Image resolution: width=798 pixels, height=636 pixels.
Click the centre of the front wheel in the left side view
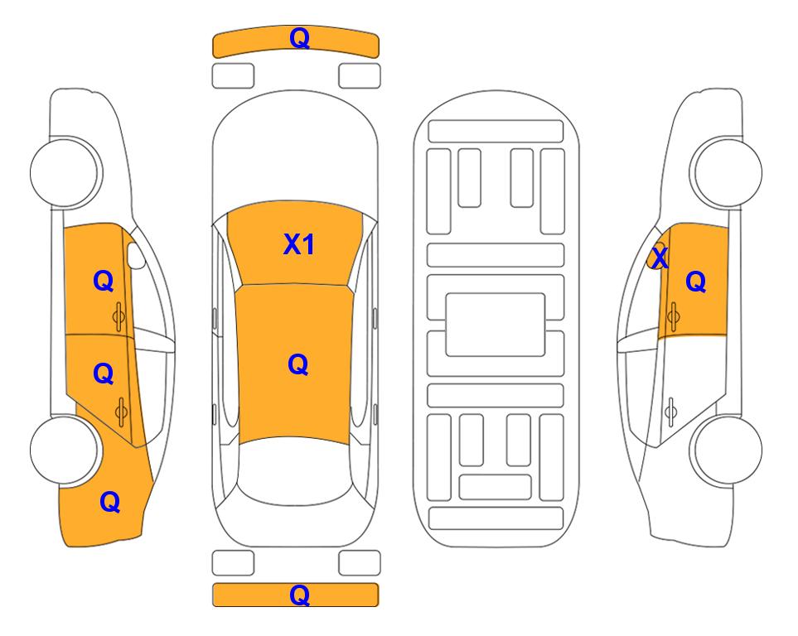coord(65,172)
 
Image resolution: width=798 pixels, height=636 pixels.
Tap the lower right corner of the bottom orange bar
coord(379,606)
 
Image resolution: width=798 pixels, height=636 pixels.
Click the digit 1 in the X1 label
coord(307,244)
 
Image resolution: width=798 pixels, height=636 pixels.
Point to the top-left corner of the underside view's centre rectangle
coord(446,294)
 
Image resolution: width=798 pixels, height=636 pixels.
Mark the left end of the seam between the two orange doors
coord(65,335)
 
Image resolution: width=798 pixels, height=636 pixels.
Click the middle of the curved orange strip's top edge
coord(296,26)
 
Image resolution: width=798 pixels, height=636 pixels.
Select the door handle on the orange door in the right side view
coord(674,316)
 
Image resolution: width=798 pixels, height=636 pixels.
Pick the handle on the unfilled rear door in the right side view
coord(671,411)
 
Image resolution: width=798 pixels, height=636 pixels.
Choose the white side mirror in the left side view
coord(136,255)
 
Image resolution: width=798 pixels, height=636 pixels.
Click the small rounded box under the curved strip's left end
coord(233,76)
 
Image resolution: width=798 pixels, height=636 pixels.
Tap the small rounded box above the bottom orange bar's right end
coord(360,563)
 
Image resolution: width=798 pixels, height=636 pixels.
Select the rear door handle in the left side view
coord(121,412)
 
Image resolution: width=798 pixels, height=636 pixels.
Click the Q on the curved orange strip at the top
coord(300,38)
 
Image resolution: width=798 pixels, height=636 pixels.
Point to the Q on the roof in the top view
coord(298,365)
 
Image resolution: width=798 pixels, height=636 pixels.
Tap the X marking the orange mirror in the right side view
coord(660,258)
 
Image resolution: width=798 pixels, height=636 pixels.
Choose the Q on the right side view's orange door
coord(696,282)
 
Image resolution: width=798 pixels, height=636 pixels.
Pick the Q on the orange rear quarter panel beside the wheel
coord(110,502)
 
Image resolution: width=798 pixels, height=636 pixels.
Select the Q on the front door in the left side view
coord(104,281)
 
